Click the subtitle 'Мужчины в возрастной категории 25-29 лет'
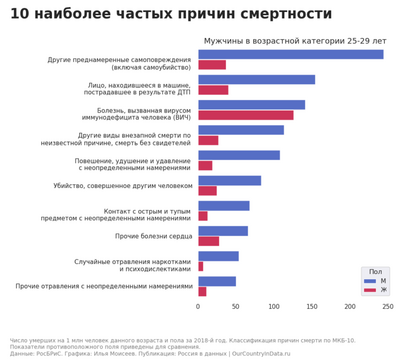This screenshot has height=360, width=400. (294, 41)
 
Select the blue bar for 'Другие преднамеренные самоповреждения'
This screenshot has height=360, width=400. (290, 54)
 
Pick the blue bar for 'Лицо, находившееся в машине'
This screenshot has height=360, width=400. (256, 79)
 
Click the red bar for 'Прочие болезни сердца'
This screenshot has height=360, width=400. (208, 241)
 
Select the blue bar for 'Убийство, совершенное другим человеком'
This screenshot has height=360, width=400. (229, 181)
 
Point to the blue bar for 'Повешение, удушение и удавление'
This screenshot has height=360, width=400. (238, 155)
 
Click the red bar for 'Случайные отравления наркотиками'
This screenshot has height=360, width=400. (200, 266)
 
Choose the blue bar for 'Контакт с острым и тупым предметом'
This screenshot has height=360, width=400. (223, 206)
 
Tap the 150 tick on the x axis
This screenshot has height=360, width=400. (312, 306)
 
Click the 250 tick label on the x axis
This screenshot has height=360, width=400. (387, 306)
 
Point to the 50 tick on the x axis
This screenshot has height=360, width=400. (236, 306)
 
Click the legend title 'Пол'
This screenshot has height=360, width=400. (375, 271)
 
